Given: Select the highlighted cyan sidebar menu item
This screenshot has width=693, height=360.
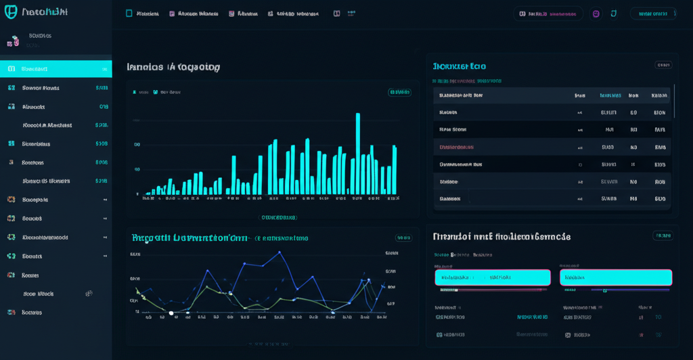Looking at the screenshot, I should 55,68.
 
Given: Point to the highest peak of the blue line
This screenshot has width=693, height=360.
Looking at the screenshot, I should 279,252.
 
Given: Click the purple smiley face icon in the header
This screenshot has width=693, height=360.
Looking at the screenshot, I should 596,14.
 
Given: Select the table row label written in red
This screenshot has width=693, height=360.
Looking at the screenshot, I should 457,147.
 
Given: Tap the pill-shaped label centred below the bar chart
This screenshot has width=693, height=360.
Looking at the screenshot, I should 279,218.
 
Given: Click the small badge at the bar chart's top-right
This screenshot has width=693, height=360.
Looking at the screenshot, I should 399,92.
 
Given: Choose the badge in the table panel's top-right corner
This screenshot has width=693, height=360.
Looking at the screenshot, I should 663,65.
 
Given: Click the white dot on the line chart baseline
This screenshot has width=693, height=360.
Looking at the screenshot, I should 171,313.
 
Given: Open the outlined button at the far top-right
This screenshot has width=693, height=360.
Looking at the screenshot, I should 653,14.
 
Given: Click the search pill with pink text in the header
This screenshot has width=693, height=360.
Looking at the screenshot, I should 547,14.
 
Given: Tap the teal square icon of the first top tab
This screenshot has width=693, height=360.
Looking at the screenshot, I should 129,14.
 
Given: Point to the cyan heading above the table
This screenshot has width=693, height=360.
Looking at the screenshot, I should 460,66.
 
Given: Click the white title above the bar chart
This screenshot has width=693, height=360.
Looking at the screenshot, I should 173,67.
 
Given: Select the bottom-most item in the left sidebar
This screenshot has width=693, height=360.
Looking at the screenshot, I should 27,312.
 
